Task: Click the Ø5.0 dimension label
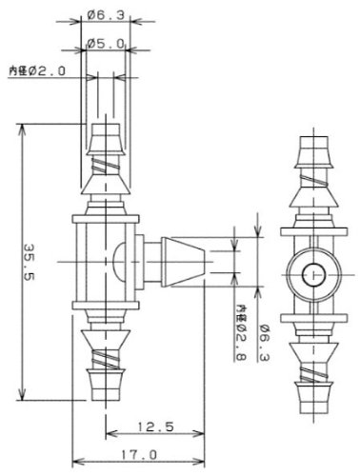[x=106, y=44]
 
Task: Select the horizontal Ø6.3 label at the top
[x=106, y=15]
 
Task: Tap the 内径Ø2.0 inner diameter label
[x=37, y=70]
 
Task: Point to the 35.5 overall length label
[x=30, y=262]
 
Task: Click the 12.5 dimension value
[x=155, y=426]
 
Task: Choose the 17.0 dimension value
[x=139, y=455]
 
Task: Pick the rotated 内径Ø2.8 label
[x=241, y=333]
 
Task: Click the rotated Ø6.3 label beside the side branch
[x=264, y=343]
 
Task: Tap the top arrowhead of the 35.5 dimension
[x=22, y=129]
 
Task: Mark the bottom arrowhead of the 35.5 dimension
[x=22, y=395]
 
